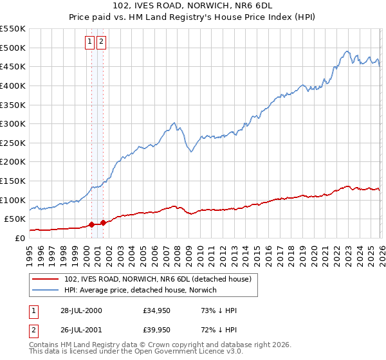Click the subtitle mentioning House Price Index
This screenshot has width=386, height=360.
[192, 18]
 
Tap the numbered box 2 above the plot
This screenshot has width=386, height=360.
[102, 42]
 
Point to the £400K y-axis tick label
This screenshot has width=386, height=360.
[12, 85]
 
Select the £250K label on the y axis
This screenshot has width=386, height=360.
[12, 143]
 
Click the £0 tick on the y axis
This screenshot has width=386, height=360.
[19, 238]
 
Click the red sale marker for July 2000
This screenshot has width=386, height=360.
[91, 224]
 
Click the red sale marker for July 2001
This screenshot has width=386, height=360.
[103, 222]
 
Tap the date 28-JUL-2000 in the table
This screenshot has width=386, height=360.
[81, 311]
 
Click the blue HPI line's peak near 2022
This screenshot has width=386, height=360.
[347, 51]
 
